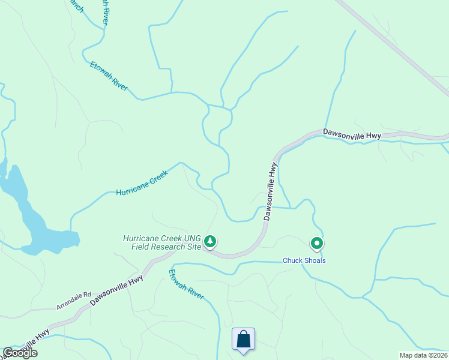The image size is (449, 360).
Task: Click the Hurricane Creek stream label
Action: coord(142,182)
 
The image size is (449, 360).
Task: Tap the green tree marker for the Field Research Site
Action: coord(209,242)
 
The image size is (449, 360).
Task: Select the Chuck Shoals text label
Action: coord(304,260)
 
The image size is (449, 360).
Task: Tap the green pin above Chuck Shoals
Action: coord(316,243)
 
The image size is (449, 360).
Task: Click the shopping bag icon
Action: coord(243,339)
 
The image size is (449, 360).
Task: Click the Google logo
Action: coord(19,353)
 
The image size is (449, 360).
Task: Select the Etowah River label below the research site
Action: coord(186,284)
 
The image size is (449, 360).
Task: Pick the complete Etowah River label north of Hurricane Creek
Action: coord(109,76)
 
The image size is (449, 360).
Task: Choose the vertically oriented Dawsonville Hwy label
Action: coord(271,191)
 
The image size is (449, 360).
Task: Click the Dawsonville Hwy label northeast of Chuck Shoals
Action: coord(352,134)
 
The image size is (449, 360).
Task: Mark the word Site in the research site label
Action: coord(190,247)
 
